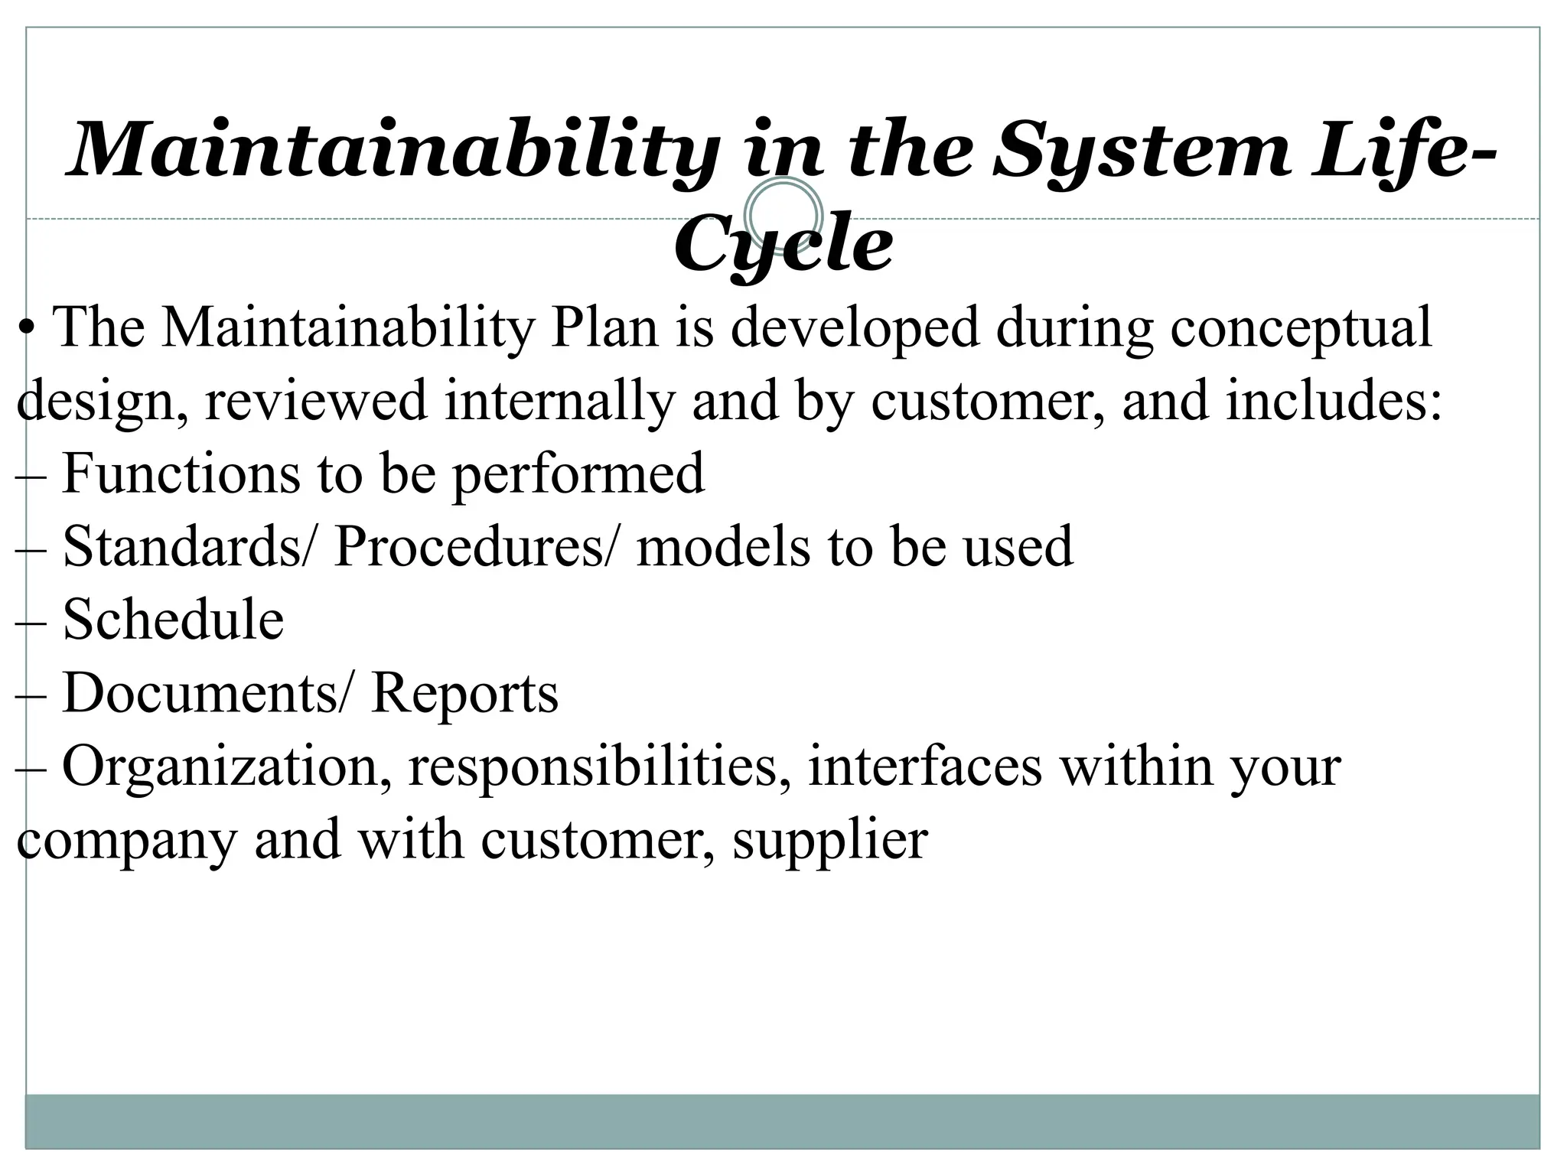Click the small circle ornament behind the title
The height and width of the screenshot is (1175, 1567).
783,215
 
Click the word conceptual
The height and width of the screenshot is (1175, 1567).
1300,327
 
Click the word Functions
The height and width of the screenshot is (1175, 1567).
181,473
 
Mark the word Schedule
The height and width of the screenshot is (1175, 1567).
173,619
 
